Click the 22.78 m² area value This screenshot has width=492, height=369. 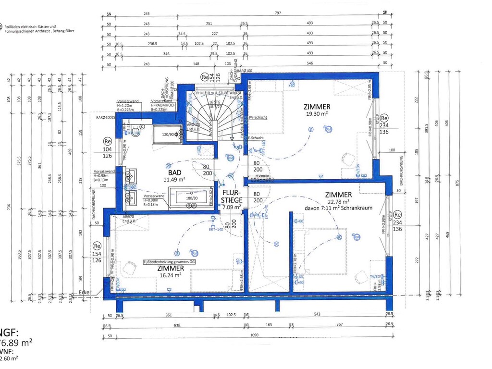pyautogui.click(x=338, y=202)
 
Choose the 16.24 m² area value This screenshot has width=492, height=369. pyautogui.click(x=170, y=275)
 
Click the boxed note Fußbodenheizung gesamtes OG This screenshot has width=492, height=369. pyautogui.click(x=170, y=262)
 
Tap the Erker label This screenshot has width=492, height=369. pyautogui.click(x=85, y=292)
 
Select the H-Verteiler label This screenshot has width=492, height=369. pyautogui.click(x=262, y=176)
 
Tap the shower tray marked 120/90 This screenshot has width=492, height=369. pyautogui.click(x=168, y=135)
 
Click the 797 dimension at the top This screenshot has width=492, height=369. pyautogui.click(x=278, y=13)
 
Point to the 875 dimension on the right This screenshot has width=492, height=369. pyautogui.click(x=458, y=183)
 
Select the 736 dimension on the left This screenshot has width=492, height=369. pyautogui.click(x=8, y=207)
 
